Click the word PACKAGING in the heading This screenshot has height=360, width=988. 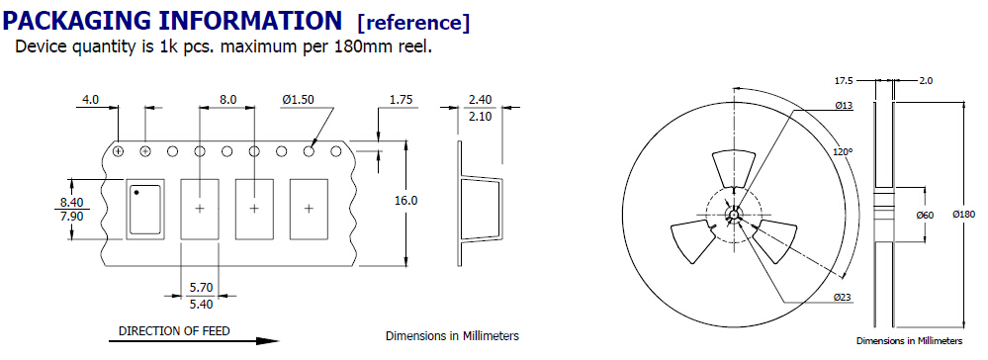click(x=77, y=22)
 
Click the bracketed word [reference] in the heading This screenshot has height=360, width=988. click(x=413, y=23)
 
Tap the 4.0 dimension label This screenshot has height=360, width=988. click(x=91, y=100)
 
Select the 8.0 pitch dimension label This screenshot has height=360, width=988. click(x=228, y=100)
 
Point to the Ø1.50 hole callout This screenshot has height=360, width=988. click(x=299, y=100)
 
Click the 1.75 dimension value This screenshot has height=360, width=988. click(x=402, y=100)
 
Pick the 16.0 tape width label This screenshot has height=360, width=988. click(x=406, y=201)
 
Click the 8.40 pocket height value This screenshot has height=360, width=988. click(x=71, y=203)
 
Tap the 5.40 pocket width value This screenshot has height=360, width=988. click(x=201, y=304)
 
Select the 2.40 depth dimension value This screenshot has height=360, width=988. click(x=480, y=100)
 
